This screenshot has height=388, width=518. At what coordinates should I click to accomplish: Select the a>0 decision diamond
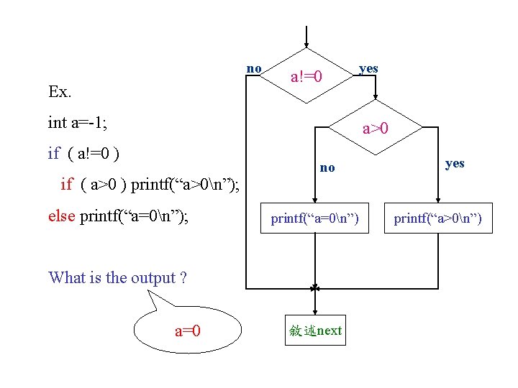pyautogui.click(x=375, y=129)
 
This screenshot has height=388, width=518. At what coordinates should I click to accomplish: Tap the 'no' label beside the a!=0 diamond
pyautogui.click(x=254, y=69)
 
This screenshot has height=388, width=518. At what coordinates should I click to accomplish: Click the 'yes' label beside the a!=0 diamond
pyautogui.click(x=368, y=69)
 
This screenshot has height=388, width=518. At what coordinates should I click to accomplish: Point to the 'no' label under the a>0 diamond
pyautogui.click(x=327, y=167)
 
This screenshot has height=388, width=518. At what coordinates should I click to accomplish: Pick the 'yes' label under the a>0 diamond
pyautogui.click(x=455, y=163)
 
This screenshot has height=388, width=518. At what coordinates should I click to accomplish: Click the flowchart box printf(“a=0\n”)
pyautogui.click(x=314, y=218)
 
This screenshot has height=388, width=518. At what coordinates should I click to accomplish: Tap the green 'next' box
pyautogui.click(x=315, y=331)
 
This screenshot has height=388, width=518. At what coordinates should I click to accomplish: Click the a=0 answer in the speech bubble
pyautogui.click(x=187, y=331)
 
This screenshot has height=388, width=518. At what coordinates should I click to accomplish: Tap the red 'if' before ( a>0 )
pyautogui.click(x=67, y=184)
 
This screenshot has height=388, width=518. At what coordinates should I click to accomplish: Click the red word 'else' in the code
pyautogui.click(x=62, y=216)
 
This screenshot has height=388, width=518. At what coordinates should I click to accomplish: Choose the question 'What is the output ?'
pyautogui.click(x=117, y=278)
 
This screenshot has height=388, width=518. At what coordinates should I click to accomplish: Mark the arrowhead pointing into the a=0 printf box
pyautogui.click(x=314, y=200)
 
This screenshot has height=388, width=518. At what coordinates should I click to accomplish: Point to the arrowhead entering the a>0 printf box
pyautogui.click(x=437, y=200)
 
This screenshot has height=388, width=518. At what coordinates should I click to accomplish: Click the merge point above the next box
pyautogui.click(x=314, y=288)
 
